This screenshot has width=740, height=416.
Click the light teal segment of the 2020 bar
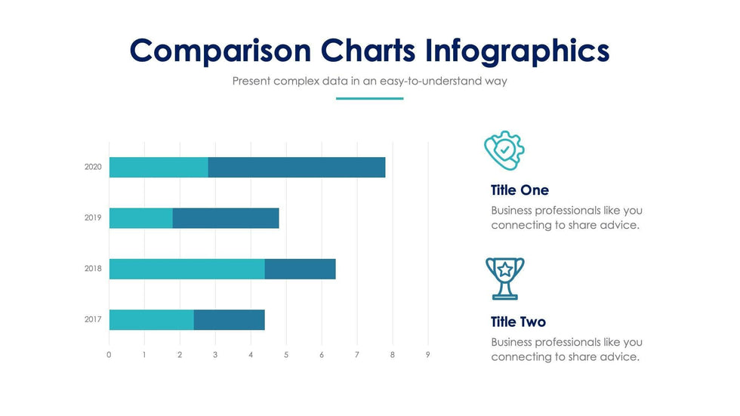click(159, 168)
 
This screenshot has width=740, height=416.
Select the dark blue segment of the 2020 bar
click(297, 168)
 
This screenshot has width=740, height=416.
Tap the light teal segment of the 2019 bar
click(141, 218)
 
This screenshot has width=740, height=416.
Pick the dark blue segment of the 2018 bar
click(301, 269)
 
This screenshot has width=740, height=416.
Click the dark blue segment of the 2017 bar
click(230, 320)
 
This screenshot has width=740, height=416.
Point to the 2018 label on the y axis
click(93, 268)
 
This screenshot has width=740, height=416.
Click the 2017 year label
click(93, 319)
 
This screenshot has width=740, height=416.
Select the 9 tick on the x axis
click(427, 355)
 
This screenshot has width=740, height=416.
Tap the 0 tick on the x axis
click(109, 355)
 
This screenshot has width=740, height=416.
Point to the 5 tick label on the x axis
click(286, 355)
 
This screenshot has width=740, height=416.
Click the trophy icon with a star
click(505, 279)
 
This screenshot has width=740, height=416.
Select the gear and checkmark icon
click(504, 150)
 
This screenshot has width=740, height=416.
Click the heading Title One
click(520, 190)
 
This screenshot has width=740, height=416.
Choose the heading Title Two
click(518, 322)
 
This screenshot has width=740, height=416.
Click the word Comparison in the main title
click(220, 51)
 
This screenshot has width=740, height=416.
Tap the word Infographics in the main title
click(517, 51)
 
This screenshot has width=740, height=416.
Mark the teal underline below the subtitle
click(369, 99)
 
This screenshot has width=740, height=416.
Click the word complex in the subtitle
click(296, 81)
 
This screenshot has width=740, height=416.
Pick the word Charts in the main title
click(368, 50)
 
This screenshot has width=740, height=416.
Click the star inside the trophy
click(505, 270)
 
